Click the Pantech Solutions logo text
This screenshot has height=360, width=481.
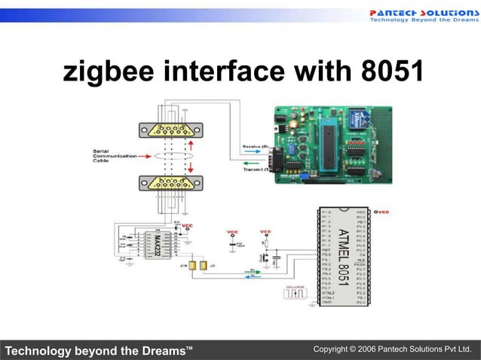click(x=423, y=13)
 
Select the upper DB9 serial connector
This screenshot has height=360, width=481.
click(x=173, y=130)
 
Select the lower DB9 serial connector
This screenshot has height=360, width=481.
click(x=173, y=183)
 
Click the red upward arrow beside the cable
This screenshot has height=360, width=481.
click(x=191, y=145)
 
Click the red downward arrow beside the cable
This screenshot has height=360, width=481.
click(x=191, y=166)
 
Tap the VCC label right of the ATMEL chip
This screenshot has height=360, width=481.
click(x=382, y=212)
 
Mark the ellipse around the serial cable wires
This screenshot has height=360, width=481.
click(x=173, y=156)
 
